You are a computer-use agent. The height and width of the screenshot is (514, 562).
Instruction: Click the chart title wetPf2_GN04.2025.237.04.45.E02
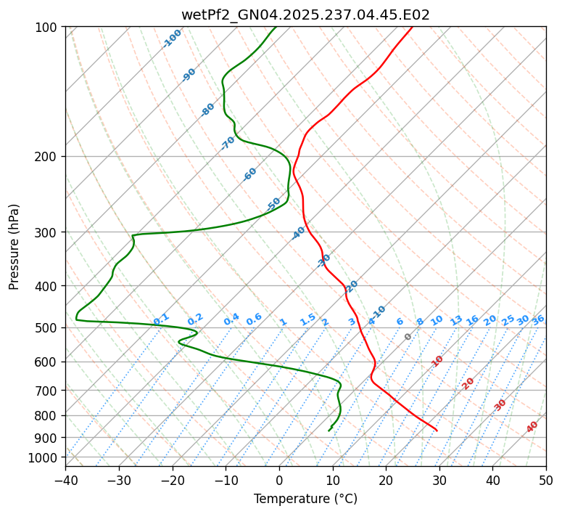305,15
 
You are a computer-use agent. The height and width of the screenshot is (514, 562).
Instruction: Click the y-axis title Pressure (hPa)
15,246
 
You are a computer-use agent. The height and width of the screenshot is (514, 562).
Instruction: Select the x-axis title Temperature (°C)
305,499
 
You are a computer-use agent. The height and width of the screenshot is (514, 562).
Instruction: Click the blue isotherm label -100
173,38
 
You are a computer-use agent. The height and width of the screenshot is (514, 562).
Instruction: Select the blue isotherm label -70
228,143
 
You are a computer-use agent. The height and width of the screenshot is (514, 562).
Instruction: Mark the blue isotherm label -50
273,205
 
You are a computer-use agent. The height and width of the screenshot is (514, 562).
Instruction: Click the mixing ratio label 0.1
162,319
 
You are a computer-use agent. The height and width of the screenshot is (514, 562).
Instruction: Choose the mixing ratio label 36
538,319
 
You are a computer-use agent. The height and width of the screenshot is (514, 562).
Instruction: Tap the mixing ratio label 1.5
307,319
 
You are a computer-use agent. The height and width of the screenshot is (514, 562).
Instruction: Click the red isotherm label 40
532,427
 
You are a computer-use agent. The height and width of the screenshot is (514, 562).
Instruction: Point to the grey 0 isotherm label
408,337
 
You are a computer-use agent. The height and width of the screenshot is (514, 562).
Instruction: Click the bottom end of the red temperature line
437,431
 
